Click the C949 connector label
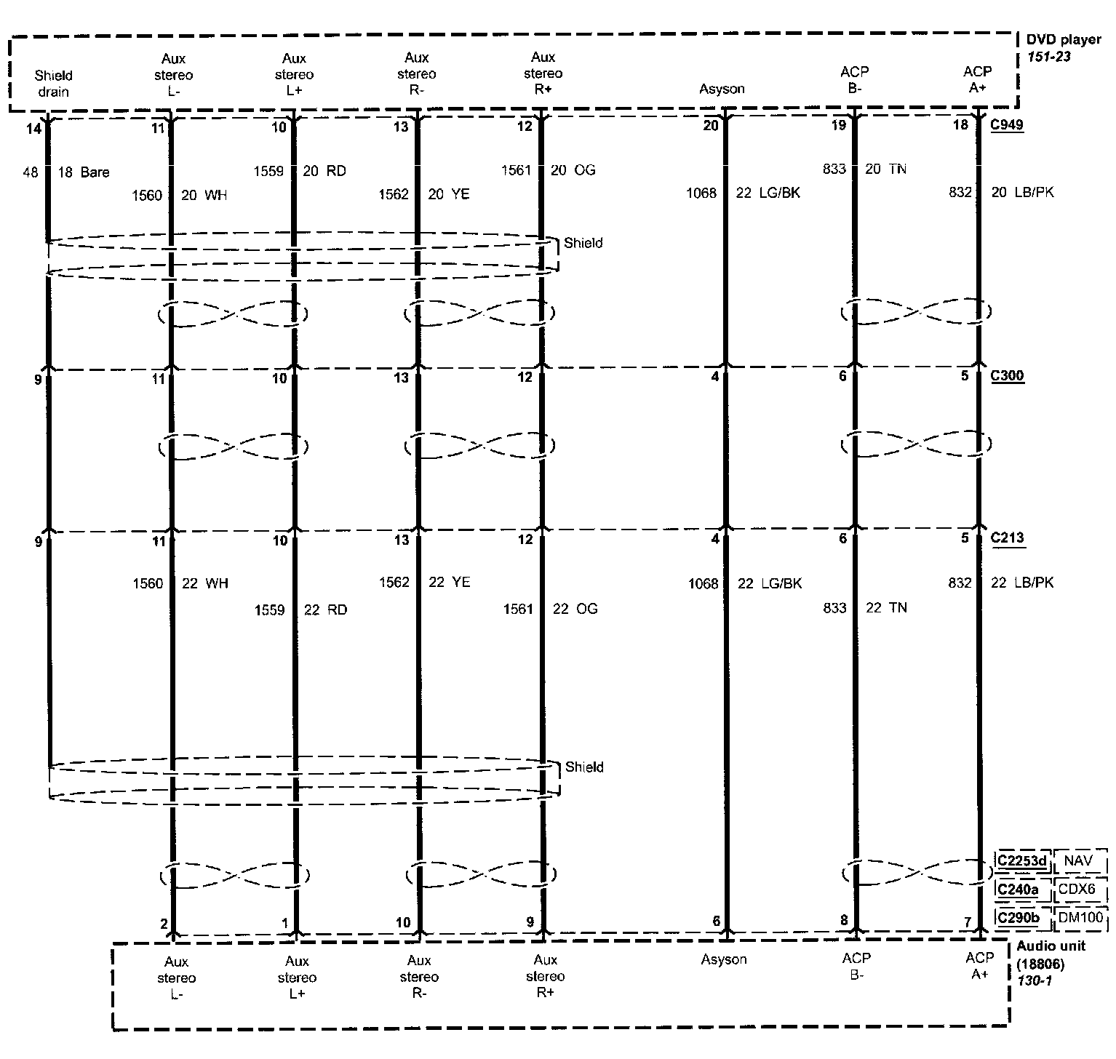click(1007, 124)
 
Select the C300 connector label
click(1007, 376)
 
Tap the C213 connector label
click(1007, 538)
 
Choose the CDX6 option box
click(1080, 890)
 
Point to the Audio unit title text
click(1051, 946)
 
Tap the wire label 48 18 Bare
click(67, 172)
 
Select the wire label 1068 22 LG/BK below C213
click(744, 583)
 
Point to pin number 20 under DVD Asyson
click(711, 125)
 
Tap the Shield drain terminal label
click(54, 83)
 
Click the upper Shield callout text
click(583, 243)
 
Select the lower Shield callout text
click(583, 767)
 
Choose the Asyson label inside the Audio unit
click(723, 959)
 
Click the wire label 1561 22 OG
click(550, 609)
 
